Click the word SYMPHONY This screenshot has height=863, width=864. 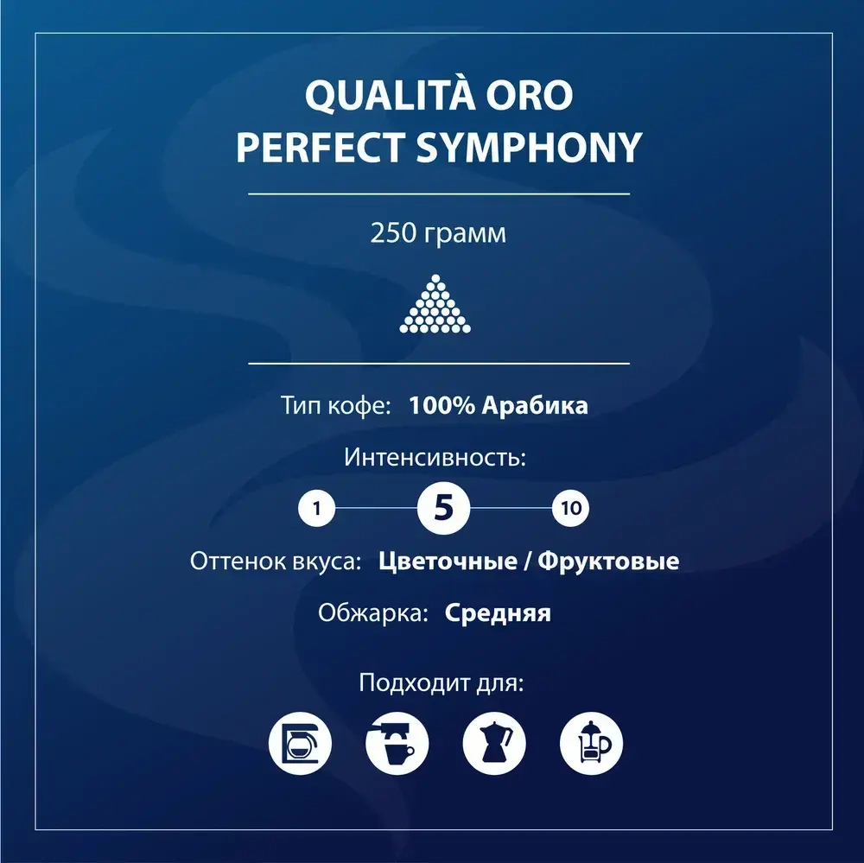tap(525, 148)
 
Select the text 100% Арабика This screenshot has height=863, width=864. tap(499, 405)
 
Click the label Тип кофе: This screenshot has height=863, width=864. tap(338, 405)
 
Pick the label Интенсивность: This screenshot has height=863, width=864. tap(435, 457)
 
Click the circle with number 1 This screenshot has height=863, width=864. tap(317, 508)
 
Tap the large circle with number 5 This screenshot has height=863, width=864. tap(442, 508)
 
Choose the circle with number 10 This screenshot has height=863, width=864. tap(570, 508)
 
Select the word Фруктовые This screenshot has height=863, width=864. tap(608, 562)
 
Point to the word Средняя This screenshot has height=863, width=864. tap(499, 613)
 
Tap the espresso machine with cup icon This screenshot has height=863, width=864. tap(397, 741)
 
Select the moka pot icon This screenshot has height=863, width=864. tap(494, 741)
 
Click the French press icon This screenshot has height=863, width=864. tap(592, 741)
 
